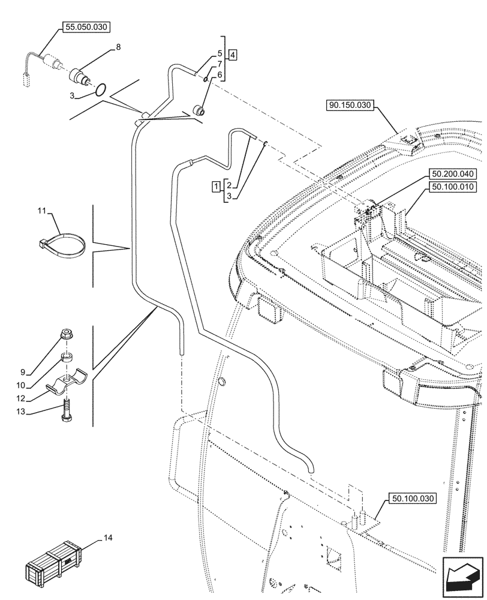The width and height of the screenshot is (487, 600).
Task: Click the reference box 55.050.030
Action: point(85,27)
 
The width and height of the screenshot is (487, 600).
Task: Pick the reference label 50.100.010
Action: point(452,187)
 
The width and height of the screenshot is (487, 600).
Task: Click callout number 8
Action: point(118,46)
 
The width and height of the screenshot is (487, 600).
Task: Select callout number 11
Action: point(41,211)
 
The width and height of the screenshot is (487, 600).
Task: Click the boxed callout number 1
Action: point(215,187)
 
